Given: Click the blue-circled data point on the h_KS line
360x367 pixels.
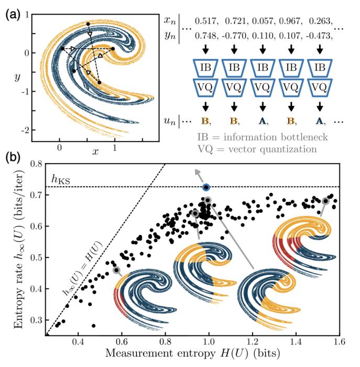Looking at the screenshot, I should coord(206,187).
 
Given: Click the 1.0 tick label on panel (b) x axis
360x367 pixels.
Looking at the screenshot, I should coord(209,343).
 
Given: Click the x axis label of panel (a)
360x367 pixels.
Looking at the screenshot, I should coord(95,151).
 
